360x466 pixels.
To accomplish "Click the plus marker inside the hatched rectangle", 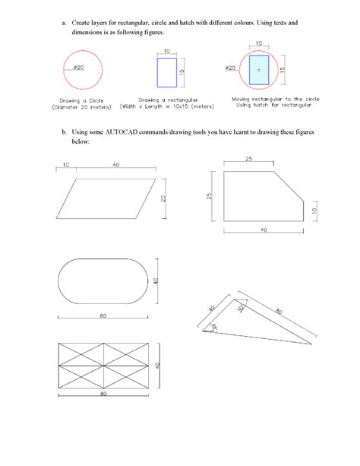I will [x=259, y=69].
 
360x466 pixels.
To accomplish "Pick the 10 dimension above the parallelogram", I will [x=66, y=165].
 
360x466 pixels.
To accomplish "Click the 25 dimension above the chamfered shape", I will [x=249, y=158].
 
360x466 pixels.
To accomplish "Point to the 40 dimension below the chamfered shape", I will [x=263, y=229].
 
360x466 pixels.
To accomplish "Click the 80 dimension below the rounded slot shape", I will [x=101, y=314].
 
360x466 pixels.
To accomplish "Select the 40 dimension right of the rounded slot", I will [x=156, y=281].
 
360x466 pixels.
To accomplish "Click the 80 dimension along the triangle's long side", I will [x=279, y=311].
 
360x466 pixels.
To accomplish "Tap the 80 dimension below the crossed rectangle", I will [x=102, y=395].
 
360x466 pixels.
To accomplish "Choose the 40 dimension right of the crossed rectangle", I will [x=157, y=365].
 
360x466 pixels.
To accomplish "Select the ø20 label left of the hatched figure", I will [x=230, y=68].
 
